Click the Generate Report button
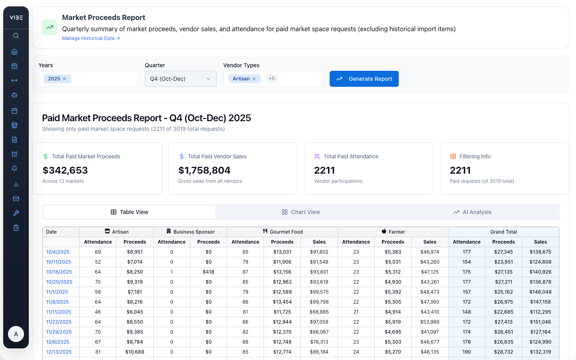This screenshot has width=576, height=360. pos(364,79)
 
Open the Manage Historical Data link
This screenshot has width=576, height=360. pos(91,38)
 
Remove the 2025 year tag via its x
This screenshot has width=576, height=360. pos(64,79)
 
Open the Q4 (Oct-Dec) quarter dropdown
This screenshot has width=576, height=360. pos(180,79)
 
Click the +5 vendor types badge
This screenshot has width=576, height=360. pos(272,79)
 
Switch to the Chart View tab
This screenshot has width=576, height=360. pos(301,212)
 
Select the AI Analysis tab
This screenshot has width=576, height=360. pos(472,212)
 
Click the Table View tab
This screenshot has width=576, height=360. pos(129,212)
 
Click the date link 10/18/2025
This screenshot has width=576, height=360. pos(59,272)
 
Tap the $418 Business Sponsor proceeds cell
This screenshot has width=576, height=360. pos(208,272)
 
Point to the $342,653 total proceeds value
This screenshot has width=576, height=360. pos(65,170)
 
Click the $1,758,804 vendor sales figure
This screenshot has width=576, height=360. pos(204,170)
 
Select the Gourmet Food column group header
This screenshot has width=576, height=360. pos(282,232)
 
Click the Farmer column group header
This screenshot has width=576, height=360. pos(393,232)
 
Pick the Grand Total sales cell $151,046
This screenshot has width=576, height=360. pos(540,322)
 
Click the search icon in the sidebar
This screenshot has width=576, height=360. pos(16,36)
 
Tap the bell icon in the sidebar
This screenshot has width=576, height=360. pos(14,168)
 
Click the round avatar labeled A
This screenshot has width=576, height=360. pos(16,334)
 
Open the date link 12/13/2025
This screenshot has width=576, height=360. pos(59,352)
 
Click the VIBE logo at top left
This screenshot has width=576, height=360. pos(16,18)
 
